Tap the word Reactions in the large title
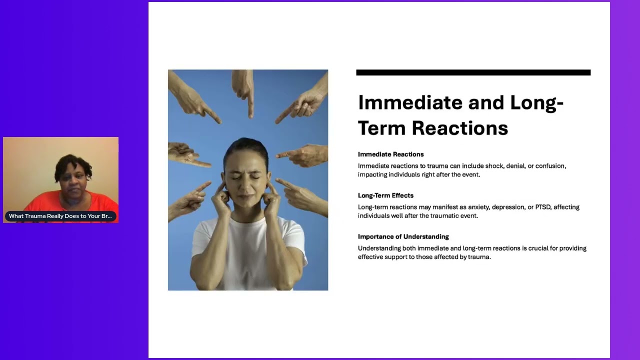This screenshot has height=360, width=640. coord(460,127)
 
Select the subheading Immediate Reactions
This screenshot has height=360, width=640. coord(390,154)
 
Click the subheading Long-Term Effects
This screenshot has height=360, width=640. coord(385,195)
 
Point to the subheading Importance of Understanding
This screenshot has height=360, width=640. coord(403,236)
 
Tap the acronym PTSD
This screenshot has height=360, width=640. coord(542,207)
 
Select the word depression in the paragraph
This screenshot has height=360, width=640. coord(508,207)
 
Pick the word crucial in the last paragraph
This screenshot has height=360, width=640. coord(538,248)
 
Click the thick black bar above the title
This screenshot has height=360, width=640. coord(473,72)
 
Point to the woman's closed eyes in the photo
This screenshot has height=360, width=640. coord(246,177)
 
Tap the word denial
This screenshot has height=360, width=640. coord(515,166)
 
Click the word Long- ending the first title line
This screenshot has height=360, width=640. coord(537,102)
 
